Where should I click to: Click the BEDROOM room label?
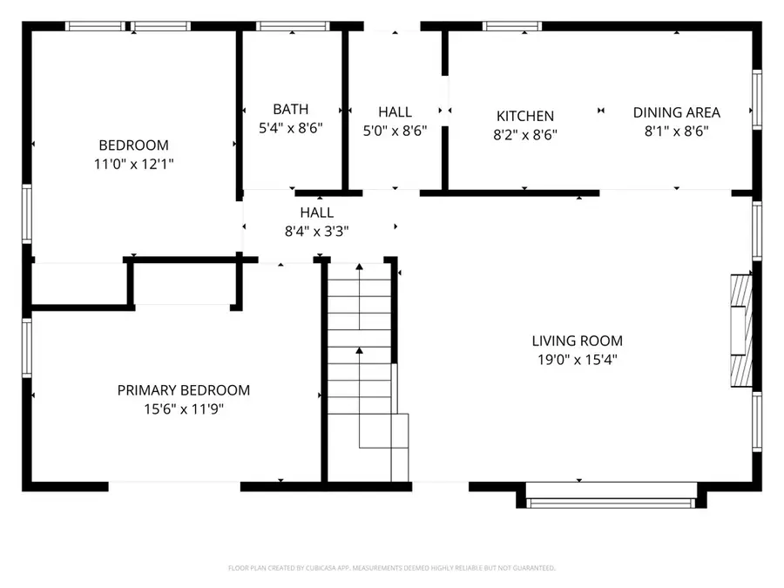click(x=133, y=145)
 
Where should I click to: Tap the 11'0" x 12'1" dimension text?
click(x=133, y=163)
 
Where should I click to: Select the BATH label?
click(x=290, y=110)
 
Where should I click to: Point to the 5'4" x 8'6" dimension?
click(x=290, y=127)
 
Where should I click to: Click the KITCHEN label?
click(x=524, y=116)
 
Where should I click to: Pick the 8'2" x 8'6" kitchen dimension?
click(x=524, y=134)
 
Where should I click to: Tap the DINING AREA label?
click(x=676, y=112)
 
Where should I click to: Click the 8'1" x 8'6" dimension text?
click(x=676, y=131)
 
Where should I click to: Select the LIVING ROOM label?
click(x=577, y=341)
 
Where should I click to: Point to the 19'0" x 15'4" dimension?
click(x=577, y=359)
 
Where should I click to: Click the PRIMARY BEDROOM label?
click(x=183, y=390)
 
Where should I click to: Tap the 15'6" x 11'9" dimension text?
click(x=183, y=409)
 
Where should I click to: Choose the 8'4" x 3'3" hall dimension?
click(x=316, y=231)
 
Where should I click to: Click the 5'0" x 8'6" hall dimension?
click(x=395, y=131)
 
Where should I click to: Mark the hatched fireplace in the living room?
click(x=740, y=330)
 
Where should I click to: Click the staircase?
click(x=359, y=366)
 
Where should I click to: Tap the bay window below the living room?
click(x=612, y=501)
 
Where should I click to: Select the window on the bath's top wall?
click(x=290, y=26)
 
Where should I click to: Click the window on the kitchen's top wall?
click(x=512, y=26)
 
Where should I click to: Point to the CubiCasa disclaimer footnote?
click(x=391, y=568)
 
